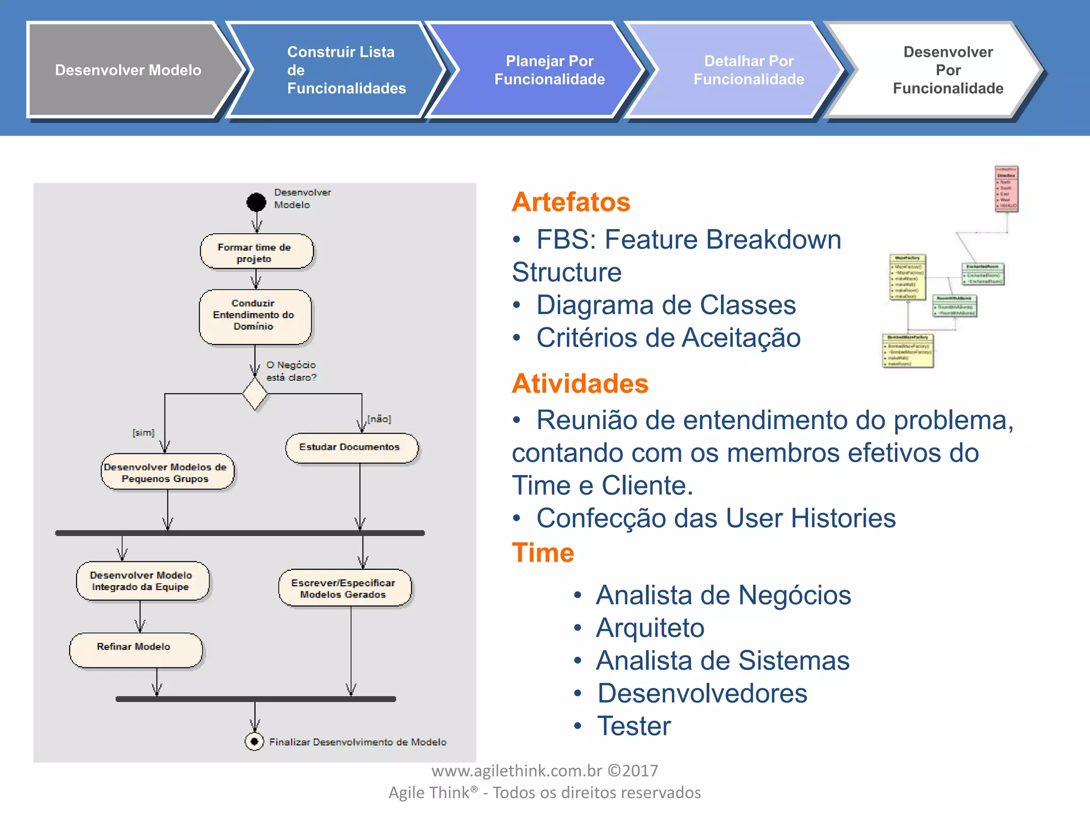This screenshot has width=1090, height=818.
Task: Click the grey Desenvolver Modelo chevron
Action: click(x=128, y=70)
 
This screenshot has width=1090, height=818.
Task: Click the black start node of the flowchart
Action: click(x=256, y=202)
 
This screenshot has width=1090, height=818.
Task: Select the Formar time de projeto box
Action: click(x=256, y=252)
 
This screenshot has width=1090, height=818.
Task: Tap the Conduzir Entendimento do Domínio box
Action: click(x=254, y=315)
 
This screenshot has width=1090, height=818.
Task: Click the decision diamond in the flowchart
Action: click(x=255, y=394)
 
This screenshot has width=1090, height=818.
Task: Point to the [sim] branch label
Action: click(x=143, y=432)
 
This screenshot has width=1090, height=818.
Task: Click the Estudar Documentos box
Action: click(x=351, y=447)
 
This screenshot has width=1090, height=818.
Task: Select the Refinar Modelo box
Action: click(x=135, y=649)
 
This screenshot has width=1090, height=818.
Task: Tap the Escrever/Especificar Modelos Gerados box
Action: click(x=344, y=588)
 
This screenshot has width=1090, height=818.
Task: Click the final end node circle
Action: click(x=254, y=741)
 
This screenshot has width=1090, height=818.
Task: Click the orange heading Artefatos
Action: click(x=571, y=202)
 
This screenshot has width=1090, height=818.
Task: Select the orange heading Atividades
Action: click(x=580, y=383)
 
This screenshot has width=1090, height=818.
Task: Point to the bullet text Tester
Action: click(x=634, y=726)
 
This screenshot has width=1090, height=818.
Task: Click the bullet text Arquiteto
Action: click(x=650, y=628)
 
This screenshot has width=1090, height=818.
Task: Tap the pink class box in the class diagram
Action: click(x=1006, y=189)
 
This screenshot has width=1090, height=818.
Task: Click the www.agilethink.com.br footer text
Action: click(x=544, y=771)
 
